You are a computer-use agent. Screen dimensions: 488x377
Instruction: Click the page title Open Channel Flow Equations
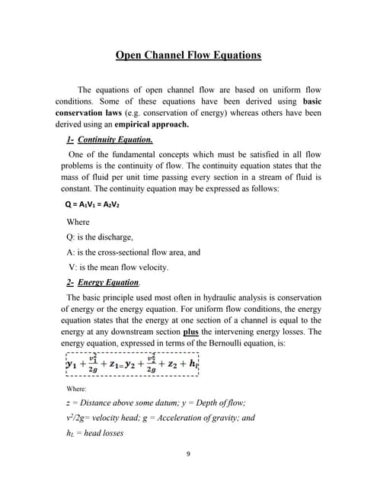188,56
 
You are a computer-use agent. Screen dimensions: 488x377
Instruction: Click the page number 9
188,454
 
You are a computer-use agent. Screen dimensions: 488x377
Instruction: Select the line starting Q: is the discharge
100,236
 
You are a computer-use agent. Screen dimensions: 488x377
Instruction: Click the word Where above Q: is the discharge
78,222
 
